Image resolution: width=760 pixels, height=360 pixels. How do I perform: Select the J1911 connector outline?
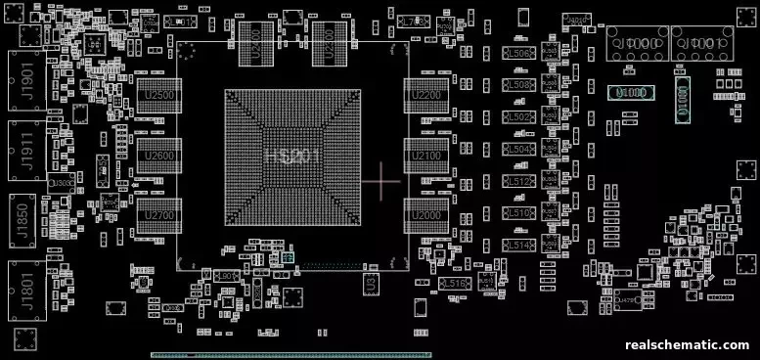point(27,153)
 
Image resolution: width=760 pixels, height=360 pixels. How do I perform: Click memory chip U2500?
point(158,96)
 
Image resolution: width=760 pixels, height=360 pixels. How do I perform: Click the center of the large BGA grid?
point(292,157)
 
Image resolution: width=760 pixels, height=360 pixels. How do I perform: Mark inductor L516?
point(456,283)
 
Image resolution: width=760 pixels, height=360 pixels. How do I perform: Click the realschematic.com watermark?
point(687,345)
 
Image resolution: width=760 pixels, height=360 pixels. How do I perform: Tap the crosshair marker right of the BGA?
point(380,181)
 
